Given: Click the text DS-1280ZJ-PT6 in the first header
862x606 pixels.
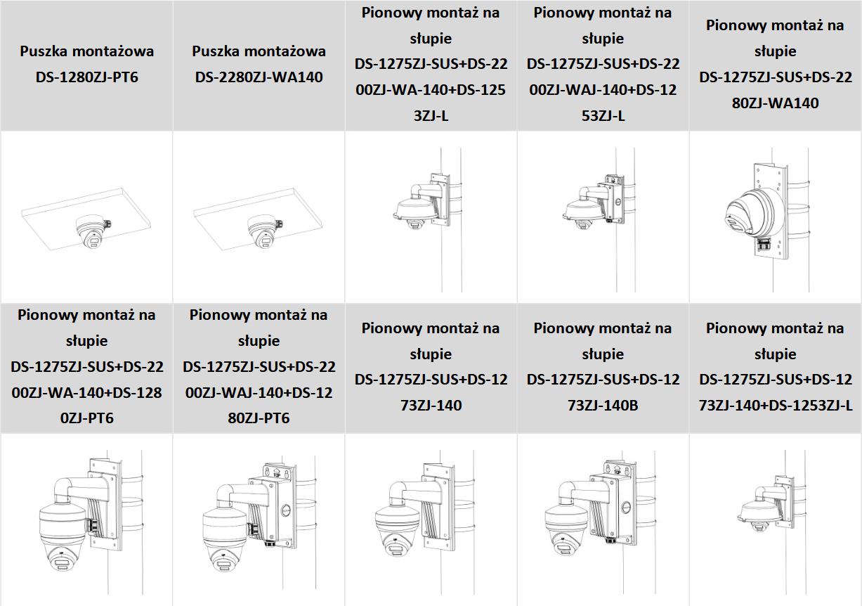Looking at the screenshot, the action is tap(86, 77).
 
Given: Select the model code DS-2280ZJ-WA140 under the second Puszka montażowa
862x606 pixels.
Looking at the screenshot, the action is tap(259, 77).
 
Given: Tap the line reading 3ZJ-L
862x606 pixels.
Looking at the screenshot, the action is tap(431, 115).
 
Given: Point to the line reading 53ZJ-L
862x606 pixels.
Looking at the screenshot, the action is tap(603, 115).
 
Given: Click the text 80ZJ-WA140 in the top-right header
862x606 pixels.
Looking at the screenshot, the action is tap(775, 103).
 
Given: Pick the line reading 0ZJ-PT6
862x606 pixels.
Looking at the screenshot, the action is tap(86, 418).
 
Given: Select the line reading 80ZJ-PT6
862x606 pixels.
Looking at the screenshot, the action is tap(259, 418).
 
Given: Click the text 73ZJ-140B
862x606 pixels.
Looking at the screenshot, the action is tap(603, 405).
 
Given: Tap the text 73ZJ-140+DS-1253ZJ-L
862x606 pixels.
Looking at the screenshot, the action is tap(775, 405).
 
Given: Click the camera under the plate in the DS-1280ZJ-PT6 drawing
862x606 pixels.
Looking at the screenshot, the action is tap(91, 232).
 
